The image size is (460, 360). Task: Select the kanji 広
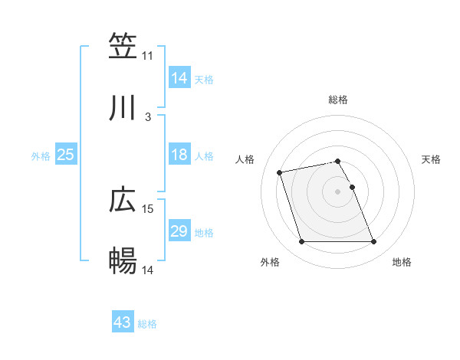coord(123,200)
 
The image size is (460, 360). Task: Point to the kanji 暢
coord(123,260)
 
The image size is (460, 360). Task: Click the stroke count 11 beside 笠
coord(148,56)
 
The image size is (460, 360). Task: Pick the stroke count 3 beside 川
coord(148,117)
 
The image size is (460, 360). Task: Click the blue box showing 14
coord(179,77)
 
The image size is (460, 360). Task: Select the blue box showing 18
coord(179,155)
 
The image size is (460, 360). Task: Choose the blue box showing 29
coord(179,231)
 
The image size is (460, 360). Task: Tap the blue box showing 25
coord(65,155)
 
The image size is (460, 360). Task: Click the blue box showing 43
coord(122,322)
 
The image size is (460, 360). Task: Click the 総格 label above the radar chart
coord(338,100)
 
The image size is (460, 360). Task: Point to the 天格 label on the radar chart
coord(432,159)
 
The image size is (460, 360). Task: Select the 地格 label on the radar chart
coord(402,262)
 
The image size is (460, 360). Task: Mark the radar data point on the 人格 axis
coord(280,172)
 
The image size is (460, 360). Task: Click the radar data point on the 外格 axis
coord(302,242)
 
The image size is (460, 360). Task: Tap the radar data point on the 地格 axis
coord(373,242)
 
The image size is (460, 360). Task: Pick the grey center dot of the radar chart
coord(338,191)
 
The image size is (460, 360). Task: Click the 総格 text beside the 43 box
coord(147,324)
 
